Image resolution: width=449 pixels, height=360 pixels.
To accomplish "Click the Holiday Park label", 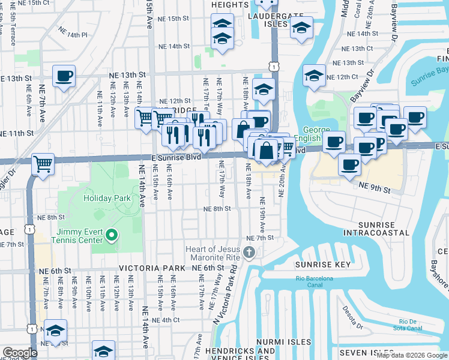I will click(107, 198).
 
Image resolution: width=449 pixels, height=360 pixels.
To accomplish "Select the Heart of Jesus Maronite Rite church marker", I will click(249, 254).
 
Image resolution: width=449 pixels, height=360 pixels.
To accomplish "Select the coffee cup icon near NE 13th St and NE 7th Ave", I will click(64, 76).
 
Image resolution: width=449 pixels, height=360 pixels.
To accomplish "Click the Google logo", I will click(19, 353).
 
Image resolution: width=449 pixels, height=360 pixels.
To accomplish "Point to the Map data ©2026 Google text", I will click(411, 355).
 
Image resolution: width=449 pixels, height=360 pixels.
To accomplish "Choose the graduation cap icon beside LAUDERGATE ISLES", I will click(301, 28).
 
